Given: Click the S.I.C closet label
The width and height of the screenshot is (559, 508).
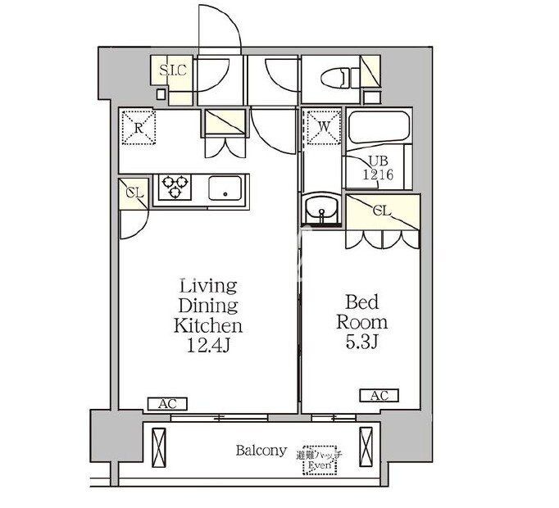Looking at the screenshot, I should point(173,70).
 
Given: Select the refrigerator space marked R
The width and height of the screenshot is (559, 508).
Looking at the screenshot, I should point(139,126).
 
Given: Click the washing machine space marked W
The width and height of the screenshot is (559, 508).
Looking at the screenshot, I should point(321,126).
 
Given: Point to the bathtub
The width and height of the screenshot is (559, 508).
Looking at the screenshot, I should point(379,129).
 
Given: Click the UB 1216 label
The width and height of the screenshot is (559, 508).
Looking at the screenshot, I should point(379,168).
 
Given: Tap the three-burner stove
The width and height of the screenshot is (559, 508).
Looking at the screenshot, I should point(175,188).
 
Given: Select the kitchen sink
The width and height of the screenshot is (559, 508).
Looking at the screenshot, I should point(225,188).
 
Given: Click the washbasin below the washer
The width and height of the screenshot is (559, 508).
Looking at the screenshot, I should point(322,210).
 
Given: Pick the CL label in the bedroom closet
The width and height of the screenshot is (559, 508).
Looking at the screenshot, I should point(382,211).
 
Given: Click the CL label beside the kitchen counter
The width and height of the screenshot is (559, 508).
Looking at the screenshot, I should point(134,193).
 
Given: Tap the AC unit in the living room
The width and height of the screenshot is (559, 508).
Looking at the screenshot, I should point(167,403).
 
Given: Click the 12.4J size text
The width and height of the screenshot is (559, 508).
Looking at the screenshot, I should point(208,345).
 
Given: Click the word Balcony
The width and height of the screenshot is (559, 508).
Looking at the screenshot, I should point(261,451).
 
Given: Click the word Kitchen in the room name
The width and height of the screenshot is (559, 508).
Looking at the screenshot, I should point(208,325).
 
